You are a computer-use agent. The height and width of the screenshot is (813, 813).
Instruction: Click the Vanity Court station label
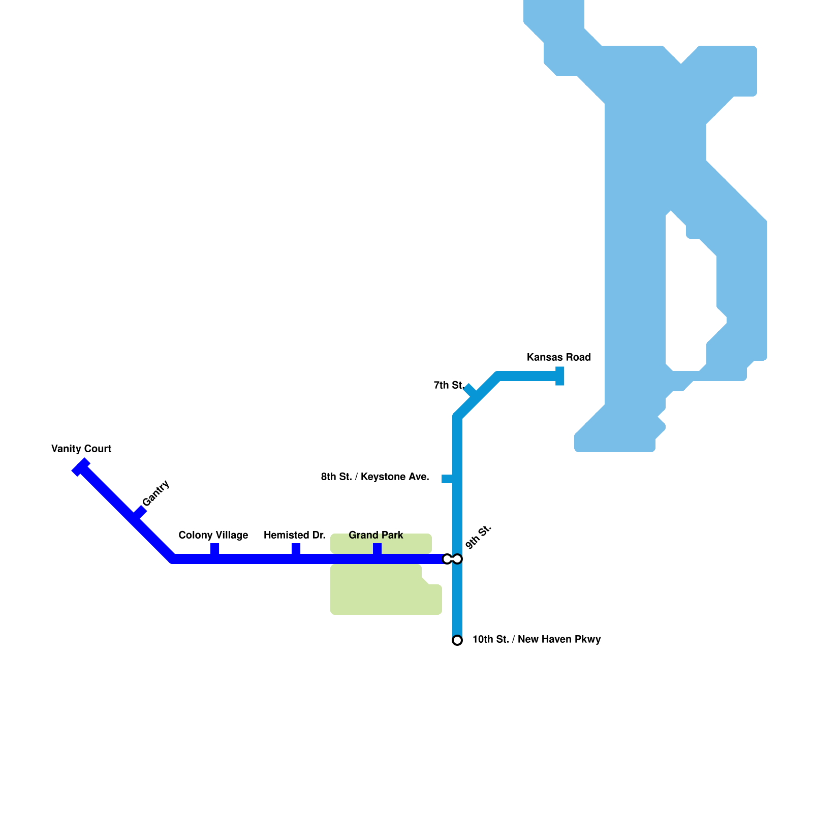click(x=81, y=449)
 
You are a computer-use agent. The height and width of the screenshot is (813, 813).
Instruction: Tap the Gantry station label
click(x=155, y=493)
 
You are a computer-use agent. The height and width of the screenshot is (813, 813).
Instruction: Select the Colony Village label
click(x=213, y=535)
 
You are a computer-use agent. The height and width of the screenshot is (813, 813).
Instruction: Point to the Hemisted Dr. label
click(x=295, y=535)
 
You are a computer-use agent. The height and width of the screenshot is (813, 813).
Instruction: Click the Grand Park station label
click(x=376, y=535)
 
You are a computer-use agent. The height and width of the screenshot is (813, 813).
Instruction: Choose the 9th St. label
click(x=479, y=537)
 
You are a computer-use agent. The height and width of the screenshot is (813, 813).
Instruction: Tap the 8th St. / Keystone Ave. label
click(x=375, y=477)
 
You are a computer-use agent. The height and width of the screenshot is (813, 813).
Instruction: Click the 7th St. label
click(x=449, y=385)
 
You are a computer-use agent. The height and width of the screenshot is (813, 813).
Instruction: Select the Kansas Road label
click(x=558, y=357)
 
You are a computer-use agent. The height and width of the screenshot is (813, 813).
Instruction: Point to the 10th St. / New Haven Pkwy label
click(x=537, y=639)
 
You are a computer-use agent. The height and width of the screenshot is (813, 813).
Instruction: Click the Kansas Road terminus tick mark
click(x=560, y=376)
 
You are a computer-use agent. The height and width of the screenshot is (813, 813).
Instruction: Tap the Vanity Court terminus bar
click(x=81, y=467)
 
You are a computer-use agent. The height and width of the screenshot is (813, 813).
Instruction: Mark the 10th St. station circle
click(x=457, y=640)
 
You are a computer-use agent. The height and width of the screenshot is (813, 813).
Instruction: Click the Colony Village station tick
click(x=214, y=549)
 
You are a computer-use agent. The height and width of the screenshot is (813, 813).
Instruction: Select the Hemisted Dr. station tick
click(x=296, y=549)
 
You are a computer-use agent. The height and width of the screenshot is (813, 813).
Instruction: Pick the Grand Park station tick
click(x=377, y=549)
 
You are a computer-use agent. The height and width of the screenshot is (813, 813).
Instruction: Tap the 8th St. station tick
click(x=447, y=479)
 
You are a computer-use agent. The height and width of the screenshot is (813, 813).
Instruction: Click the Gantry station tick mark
click(x=140, y=511)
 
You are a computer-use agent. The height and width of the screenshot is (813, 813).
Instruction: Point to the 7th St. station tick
click(x=470, y=390)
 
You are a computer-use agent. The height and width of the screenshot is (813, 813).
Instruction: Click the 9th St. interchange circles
click(x=452, y=559)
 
